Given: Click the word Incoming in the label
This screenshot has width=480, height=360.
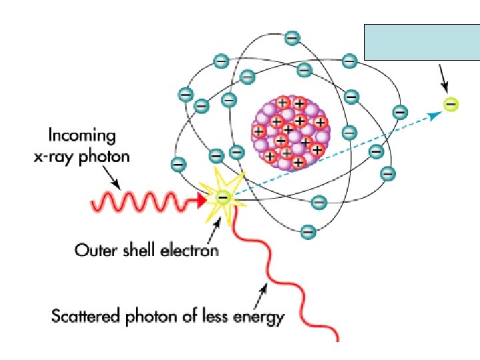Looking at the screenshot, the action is (x=82, y=137).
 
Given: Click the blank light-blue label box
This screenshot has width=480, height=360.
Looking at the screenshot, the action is (x=412, y=41).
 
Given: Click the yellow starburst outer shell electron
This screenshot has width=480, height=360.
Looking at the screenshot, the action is (x=223, y=197).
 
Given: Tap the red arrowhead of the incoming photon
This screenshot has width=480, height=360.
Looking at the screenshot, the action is (x=203, y=198).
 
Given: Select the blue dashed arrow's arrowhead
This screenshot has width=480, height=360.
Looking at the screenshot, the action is (x=435, y=115).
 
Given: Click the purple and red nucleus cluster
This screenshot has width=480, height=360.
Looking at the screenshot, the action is (x=290, y=131).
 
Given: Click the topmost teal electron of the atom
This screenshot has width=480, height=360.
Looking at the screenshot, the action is (x=292, y=39).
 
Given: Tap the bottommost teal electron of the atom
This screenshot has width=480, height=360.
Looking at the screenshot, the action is (x=307, y=232).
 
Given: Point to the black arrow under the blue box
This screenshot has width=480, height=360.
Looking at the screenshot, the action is (x=442, y=79).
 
